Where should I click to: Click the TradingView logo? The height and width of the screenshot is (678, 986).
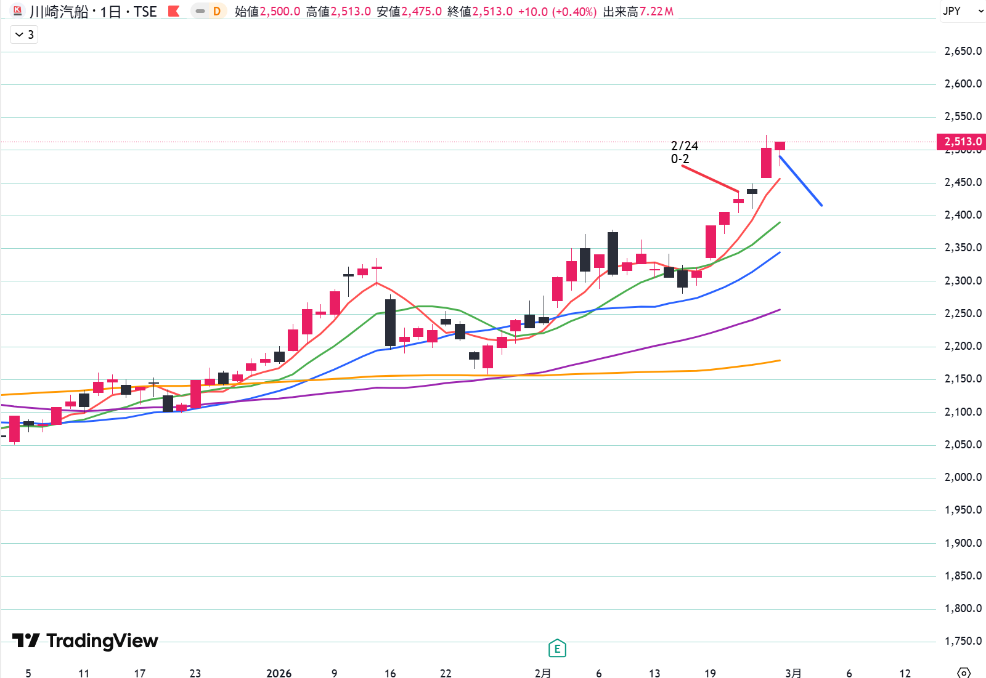coord(85,641)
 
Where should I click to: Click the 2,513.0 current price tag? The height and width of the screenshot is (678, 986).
coord(961,142)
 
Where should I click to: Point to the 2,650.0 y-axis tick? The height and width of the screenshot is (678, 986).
coord(963,51)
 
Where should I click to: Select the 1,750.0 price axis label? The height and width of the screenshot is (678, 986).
coord(963,641)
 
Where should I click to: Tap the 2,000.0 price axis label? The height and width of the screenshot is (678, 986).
coord(963,477)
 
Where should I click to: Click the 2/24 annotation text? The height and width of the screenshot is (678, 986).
coord(684,146)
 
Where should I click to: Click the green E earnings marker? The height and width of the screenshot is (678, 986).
coord(557,648)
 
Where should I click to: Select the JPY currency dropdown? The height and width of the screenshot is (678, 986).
coord(962,11)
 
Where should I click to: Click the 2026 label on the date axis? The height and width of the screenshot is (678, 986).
coord(279,673)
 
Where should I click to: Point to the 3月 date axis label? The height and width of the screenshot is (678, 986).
coord(793,673)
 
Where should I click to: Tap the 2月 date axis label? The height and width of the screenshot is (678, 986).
coord(542,673)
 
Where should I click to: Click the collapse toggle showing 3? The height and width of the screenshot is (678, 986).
coord(24,34)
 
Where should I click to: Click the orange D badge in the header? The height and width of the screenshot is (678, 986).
coord(217,11)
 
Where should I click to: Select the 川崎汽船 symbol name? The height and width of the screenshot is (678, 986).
coord(59,12)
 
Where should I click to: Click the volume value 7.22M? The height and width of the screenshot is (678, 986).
coord(656,12)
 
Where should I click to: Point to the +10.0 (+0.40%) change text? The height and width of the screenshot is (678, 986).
coord(557,12)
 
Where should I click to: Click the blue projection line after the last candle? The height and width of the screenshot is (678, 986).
coord(801,181)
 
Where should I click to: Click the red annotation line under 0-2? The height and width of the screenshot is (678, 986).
coord(710,179)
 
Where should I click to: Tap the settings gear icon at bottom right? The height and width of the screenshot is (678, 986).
coord(964,672)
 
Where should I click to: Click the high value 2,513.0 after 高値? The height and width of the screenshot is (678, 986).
coord(351,12)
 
